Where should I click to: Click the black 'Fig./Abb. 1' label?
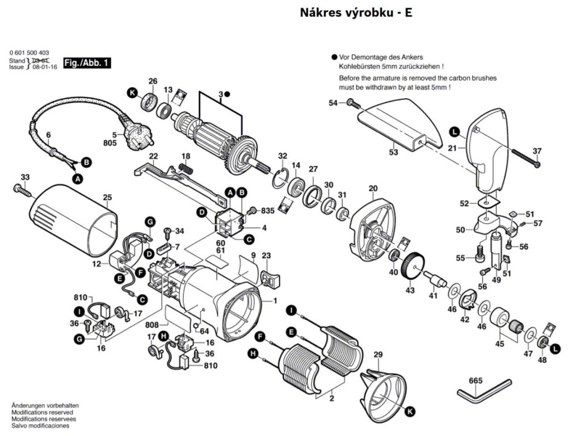[86, 63]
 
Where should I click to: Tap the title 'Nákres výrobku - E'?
[356, 13]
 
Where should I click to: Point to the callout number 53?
[393, 152]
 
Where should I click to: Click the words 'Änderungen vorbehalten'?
[45, 405]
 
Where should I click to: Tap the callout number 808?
[152, 326]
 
